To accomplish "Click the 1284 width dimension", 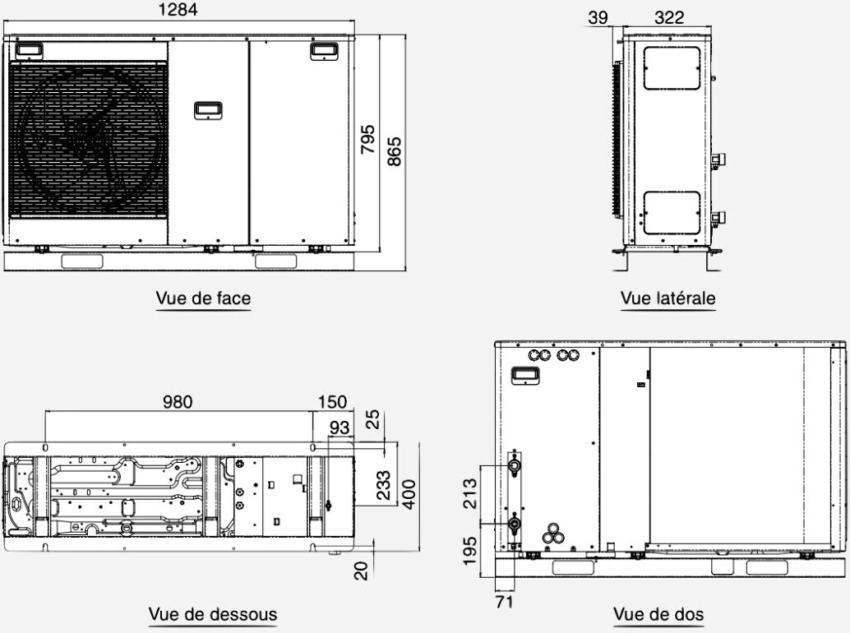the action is (x=178, y=10).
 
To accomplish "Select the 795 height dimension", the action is (x=367, y=139).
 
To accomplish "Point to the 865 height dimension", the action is (x=395, y=151).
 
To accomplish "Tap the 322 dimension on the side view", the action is (x=669, y=17).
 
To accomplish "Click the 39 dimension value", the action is (x=598, y=17).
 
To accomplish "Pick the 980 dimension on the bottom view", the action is (x=178, y=402).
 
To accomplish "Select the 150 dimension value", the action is (x=332, y=402).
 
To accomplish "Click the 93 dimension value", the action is (x=340, y=427).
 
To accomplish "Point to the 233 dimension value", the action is (x=383, y=485).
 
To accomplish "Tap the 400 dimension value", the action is (x=410, y=494).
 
